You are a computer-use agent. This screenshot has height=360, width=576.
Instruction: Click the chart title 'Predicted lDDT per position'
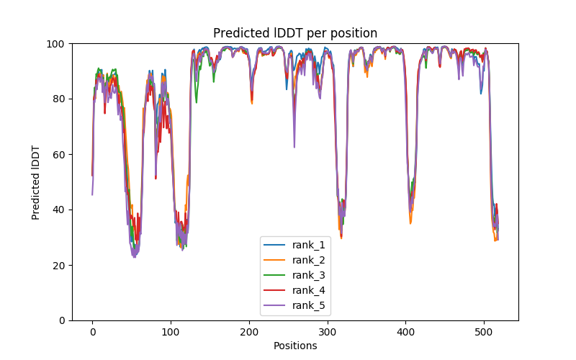[295, 33]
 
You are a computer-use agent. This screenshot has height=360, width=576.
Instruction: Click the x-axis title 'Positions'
[295, 346]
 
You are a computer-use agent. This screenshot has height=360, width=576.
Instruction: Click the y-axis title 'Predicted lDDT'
[36, 182]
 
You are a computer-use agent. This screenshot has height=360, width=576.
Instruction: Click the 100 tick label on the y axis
[57, 44]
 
